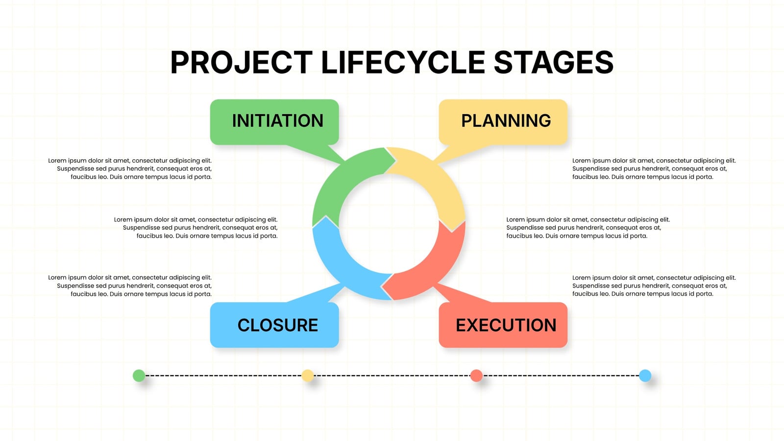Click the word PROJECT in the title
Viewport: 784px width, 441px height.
pyautogui.click(x=241, y=62)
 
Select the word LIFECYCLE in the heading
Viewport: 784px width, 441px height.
pyautogui.click(x=403, y=62)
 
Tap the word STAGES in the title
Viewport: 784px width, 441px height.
pyautogui.click(x=553, y=62)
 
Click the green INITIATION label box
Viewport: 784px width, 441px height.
pyautogui.click(x=274, y=122)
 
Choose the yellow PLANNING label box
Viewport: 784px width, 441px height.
pyautogui.click(x=503, y=122)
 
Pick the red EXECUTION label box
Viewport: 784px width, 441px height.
pyautogui.click(x=503, y=325)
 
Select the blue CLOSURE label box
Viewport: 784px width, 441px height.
pyautogui.click(x=274, y=325)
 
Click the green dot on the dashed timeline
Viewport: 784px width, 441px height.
pyautogui.click(x=139, y=375)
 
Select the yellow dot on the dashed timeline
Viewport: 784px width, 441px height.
pyautogui.click(x=308, y=375)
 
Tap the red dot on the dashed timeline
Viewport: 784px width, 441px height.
pyautogui.click(x=476, y=375)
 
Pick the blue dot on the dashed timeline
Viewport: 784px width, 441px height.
pyautogui.click(x=645, y=375)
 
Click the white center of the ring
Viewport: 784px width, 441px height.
pyautogui.click(x=389, y=224)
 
